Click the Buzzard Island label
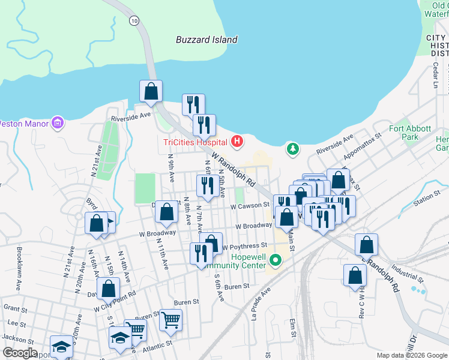[206, 40]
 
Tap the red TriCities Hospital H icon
[238, 142]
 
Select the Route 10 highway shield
[133, 20]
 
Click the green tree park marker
[292, 148]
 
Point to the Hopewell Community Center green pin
[276, 260]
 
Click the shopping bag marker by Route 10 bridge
[151, 91]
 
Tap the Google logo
[20, 353]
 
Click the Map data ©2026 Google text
[412, 355]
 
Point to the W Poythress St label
[244, 246]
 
